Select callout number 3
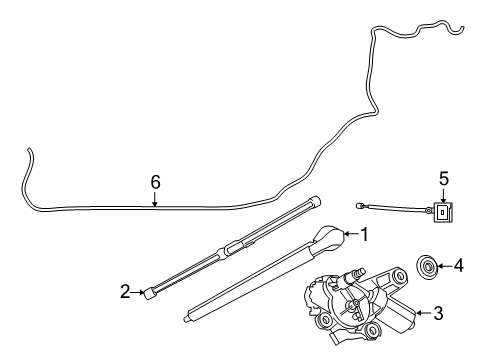pos(437,313)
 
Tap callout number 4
pos(459,266)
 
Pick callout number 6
pos(155,182)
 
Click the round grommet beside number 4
pos(427,266)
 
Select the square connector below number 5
pos(443,212)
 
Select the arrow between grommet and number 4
pos(446,266)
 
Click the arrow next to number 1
pos(351,235)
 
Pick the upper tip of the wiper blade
pos(318,199)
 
